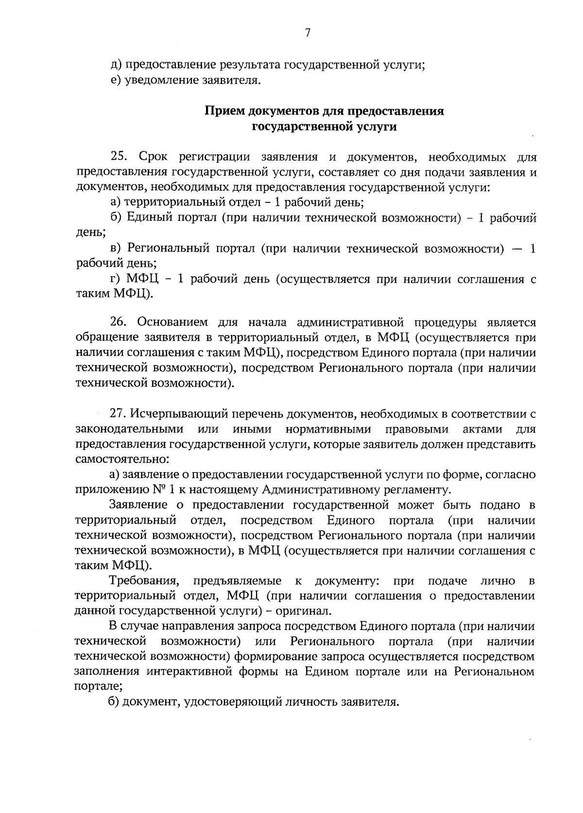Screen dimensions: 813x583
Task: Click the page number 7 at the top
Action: coord(307,33)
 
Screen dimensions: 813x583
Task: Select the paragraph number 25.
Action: coord(119,157)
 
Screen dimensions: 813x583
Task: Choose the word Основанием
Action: coord(170,322)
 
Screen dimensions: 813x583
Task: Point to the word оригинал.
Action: coord(307,611)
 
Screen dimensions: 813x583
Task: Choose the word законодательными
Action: coord(130,429)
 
